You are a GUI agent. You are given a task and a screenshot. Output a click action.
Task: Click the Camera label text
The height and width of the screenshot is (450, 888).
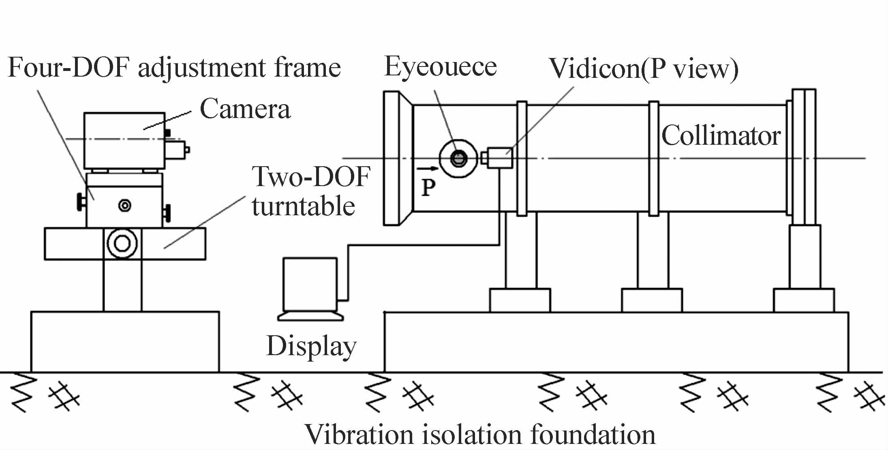(x=245, y=109)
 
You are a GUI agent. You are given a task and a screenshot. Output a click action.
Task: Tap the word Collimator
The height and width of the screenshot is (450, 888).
(x=721, y=136)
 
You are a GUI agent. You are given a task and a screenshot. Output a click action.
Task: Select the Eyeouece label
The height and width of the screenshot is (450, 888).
(x=440, y=67)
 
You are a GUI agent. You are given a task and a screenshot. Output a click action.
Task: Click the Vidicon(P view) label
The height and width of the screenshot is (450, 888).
(x=643, y=69)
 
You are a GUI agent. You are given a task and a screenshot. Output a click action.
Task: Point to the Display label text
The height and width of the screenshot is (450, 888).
(x=311, y=347)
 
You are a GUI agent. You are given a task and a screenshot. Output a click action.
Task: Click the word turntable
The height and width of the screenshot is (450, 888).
(x=303, y=206)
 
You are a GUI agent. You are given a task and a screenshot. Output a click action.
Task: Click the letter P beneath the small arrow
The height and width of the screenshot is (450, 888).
(x=428, y=188)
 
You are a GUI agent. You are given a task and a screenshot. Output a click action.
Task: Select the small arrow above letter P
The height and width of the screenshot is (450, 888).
(x=427, y=168)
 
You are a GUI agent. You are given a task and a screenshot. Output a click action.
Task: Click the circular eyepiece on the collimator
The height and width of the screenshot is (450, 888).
(x=458, y=159)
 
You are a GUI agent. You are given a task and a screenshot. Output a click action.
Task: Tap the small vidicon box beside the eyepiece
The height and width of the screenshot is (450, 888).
(x=500, y=158)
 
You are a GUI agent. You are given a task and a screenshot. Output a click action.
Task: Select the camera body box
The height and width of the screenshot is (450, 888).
(x=124, y=140)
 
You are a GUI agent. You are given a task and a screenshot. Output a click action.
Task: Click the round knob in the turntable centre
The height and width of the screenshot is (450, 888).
(x=122, y=244)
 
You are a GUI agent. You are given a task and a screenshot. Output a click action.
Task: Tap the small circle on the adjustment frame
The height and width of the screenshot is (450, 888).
(x=124, y=206)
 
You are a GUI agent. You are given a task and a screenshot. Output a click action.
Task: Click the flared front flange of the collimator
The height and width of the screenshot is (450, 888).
(x=397, y=158)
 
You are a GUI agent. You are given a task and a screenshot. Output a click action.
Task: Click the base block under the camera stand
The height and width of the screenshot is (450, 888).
(x=125, y=341)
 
